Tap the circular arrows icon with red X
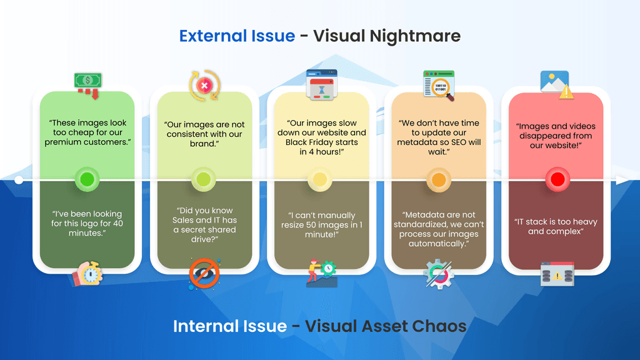coord(204,84)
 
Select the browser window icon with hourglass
coord(321,84)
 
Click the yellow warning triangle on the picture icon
coord(566,92)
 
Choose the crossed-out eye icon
coord(204,274)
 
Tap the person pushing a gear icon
coord(321,273)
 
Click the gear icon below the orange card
coord(438,274)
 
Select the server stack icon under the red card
coord(556,274)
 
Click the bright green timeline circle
coord(87,180)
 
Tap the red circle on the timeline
coord(556,180)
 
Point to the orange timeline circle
coord(438,180)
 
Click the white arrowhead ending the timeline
coord(621,180)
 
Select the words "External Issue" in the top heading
coord(237,36)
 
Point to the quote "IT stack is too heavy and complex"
coord(556,226)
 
